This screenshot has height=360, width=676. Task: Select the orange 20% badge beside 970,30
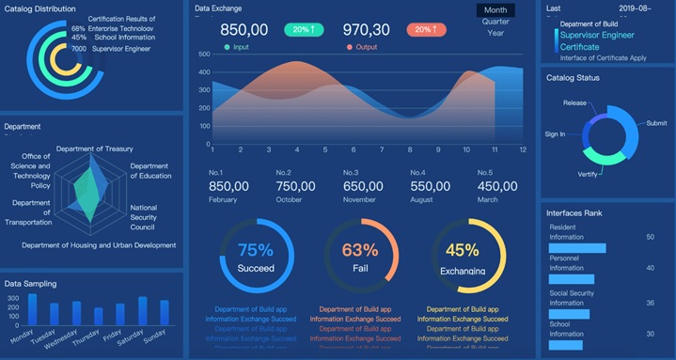pyautogui.click(x=426, y=30)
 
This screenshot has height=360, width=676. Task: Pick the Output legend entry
pyautogui.click(x=365, y=46)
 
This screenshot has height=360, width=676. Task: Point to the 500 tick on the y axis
pyautogui.click(x=203, y=55)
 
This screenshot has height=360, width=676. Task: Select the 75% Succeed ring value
pyautogui.click(x=256, y=250)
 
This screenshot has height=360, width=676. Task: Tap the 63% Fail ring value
pyautogui.click(x=360, y=250)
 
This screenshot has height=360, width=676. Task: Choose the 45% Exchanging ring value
pyautogui.click(x=463, y=250)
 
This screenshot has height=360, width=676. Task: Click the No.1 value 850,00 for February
pyautogui.click(x=229, y=187)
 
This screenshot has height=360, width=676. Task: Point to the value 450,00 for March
pyautogui.click(x=497, y=187)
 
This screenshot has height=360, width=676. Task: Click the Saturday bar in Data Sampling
pyautogui.click(x=143, y=311)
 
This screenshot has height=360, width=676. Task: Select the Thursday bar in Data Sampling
pyautogui.click(x=99, y=316)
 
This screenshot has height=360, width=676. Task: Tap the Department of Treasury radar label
pyautogui.click(x=94, y=149)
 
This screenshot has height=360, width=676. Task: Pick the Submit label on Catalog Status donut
pyautogui.click(x=656, y=123)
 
